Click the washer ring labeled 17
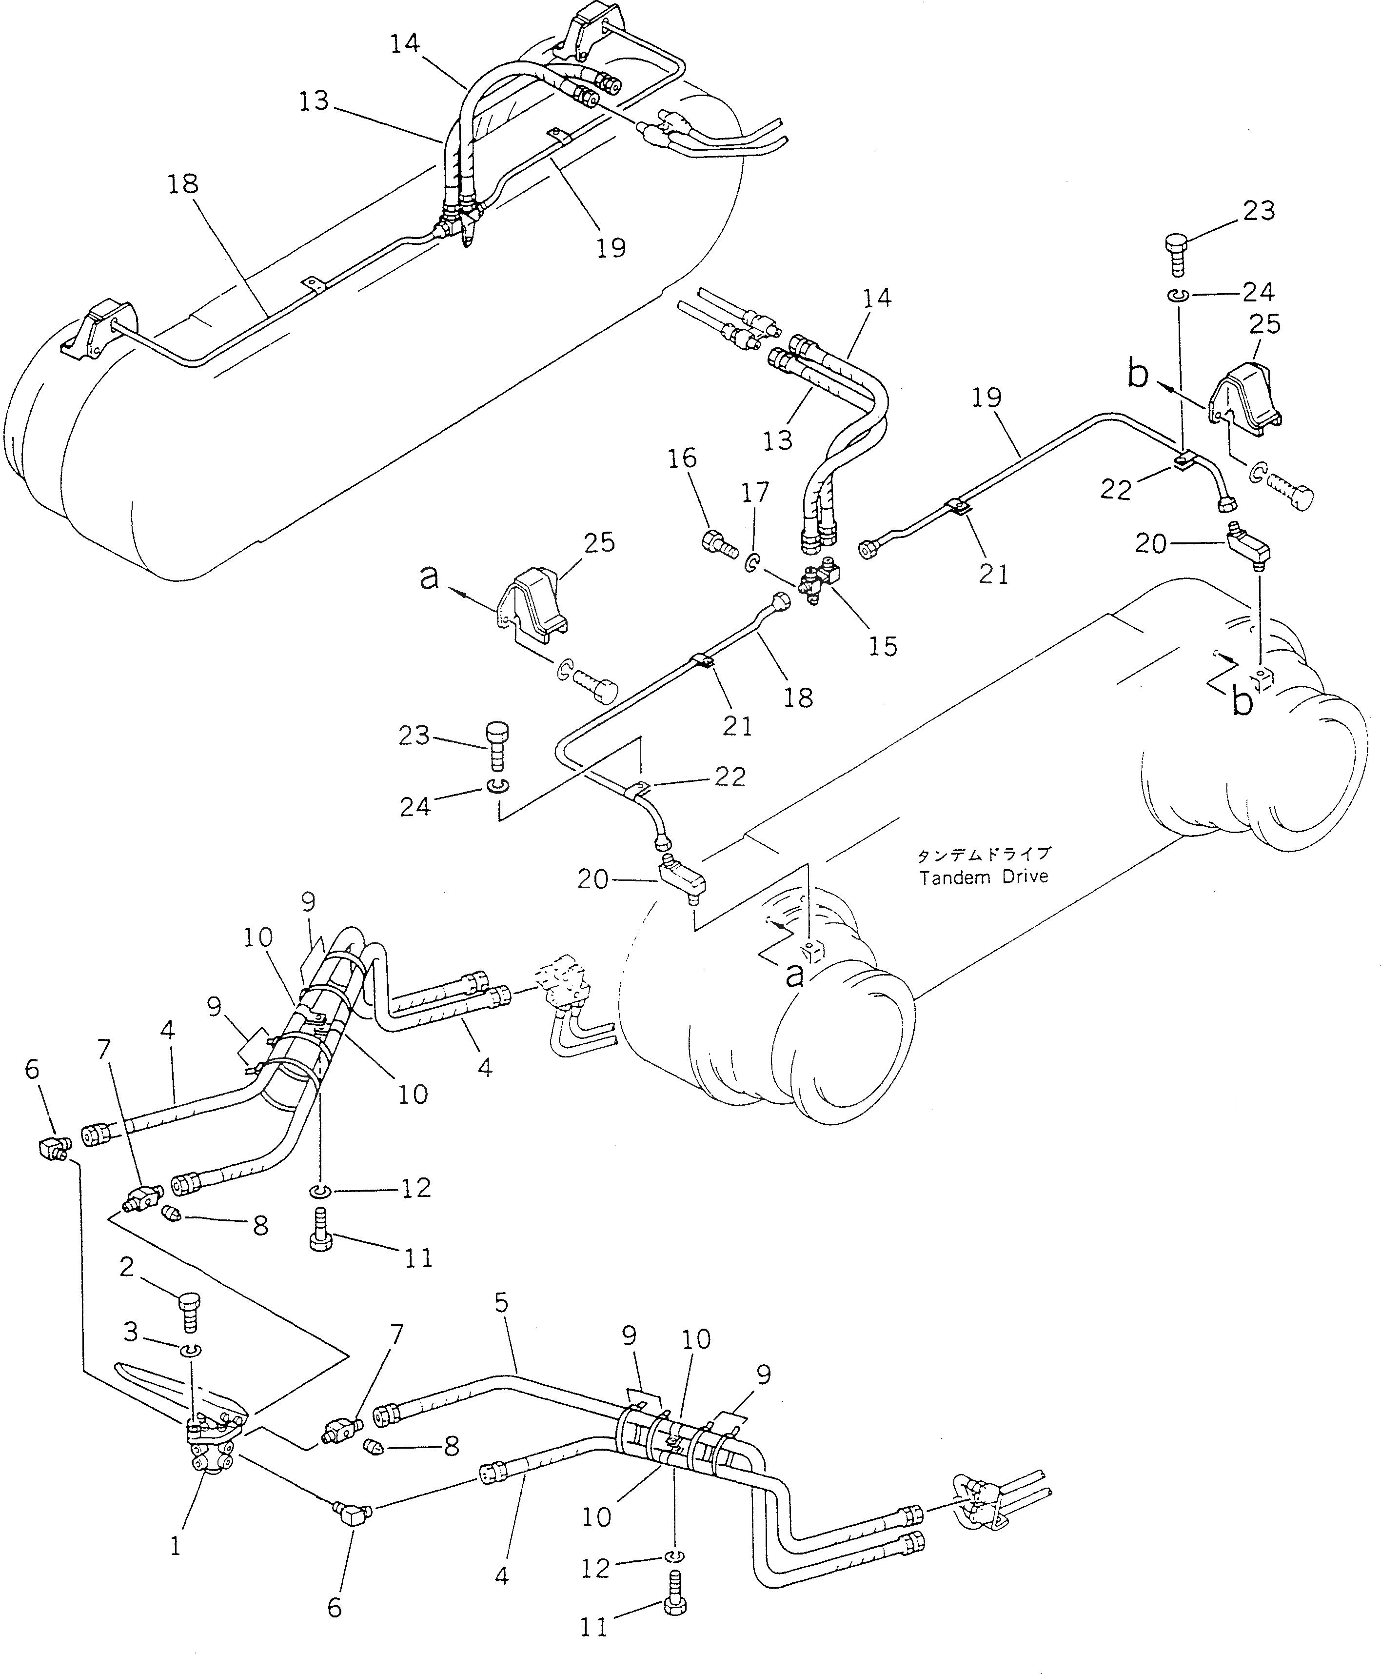750,565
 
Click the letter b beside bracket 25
1138,374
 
